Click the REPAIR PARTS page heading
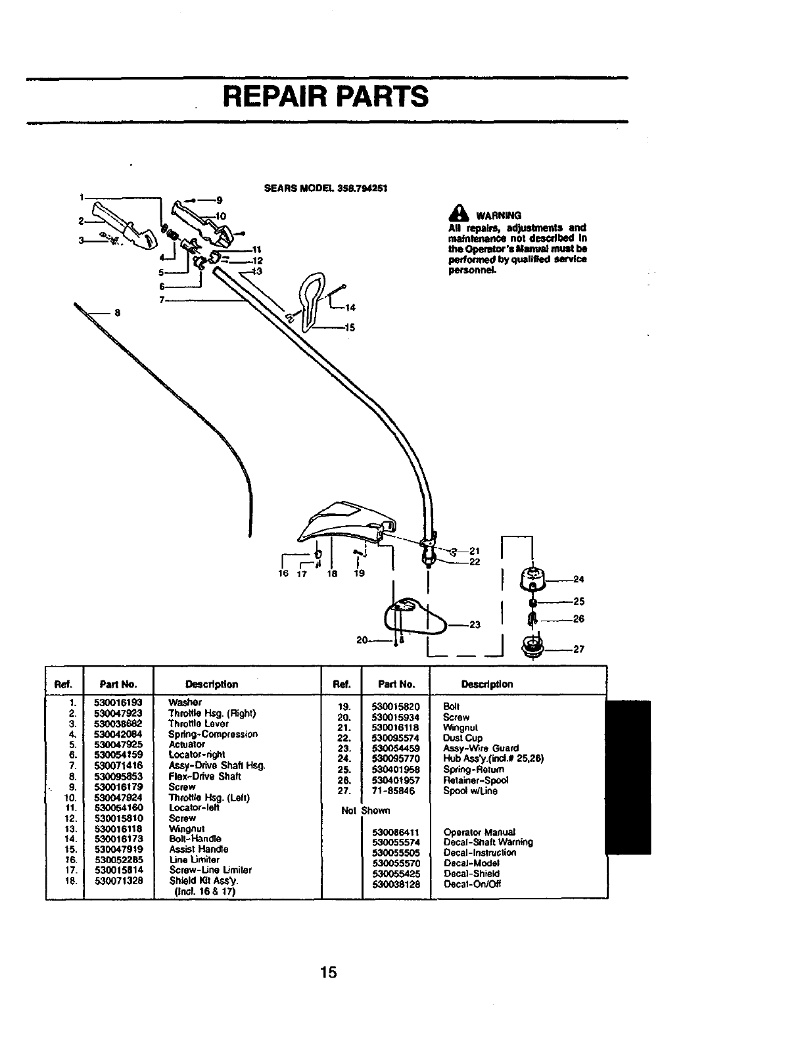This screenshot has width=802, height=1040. (x=325, y=96)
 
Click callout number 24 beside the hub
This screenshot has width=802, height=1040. (x=578, y=579)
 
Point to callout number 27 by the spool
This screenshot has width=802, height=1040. (x=578, y=649)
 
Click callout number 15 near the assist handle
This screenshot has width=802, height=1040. (x=350, y=327)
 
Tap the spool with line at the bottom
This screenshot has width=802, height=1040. (x=532, y=647)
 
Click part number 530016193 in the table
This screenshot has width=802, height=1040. (x=118, y=702)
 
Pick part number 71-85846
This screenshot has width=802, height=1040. (x=393, y=791)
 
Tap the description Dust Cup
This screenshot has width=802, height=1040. (x=463, y=738)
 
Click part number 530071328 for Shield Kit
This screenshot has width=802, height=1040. (x=118, y=880)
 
